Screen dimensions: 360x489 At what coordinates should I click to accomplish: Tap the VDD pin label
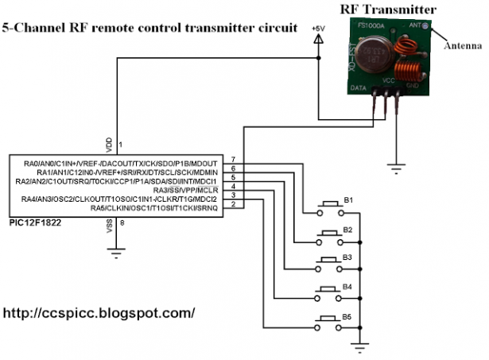[x=109, y=144]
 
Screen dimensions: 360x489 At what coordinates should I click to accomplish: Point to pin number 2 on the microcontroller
[x=232, y=204]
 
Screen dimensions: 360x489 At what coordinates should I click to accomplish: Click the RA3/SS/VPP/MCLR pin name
[x=182, y=189]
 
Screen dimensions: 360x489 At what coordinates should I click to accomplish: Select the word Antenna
[x=462, y=46]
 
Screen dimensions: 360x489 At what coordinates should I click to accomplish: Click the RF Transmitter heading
[x=388, y=10]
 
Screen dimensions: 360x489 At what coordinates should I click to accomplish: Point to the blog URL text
[x=99, y=312]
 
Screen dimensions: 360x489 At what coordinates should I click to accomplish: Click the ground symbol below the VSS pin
[x=117, y=254]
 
